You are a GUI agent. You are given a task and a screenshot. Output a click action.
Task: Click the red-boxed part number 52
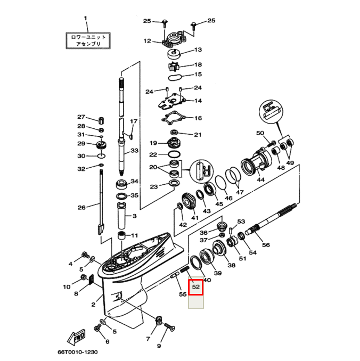196,287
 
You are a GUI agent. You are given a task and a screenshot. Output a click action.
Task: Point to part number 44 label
260,180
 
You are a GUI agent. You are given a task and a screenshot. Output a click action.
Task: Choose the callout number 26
81,207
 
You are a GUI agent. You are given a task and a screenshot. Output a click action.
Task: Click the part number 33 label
135,151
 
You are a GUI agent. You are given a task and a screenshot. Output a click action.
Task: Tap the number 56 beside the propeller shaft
266,245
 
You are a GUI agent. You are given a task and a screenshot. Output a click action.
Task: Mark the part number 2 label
93,305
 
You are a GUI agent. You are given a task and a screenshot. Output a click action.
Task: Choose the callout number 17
134,121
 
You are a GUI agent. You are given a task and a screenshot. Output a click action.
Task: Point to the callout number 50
260,133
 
